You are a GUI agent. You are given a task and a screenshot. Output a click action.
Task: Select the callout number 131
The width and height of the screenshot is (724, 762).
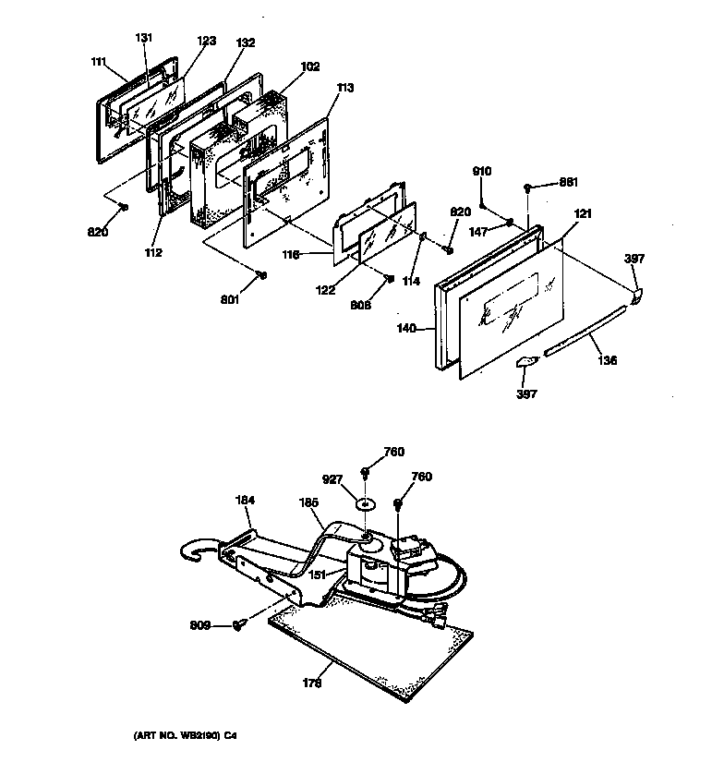[143, 38]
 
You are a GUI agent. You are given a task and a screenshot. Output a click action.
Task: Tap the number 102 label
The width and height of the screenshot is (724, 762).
[310, 67]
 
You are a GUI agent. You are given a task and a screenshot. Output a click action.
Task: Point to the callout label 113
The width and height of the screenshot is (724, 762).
[345, 90]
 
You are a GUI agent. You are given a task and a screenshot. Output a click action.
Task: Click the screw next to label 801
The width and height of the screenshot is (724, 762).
[263, 274]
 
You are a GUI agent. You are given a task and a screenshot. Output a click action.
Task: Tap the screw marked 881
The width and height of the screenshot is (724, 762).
[527, 187]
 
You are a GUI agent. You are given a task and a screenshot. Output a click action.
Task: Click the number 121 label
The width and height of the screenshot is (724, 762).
[583, 214]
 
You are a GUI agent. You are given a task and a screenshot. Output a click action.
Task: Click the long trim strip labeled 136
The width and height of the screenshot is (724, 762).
[582, 340]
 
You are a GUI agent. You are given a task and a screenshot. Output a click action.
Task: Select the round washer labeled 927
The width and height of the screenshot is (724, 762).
[367, 504]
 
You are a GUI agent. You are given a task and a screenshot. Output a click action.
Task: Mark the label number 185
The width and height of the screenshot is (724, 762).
[309, 502]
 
